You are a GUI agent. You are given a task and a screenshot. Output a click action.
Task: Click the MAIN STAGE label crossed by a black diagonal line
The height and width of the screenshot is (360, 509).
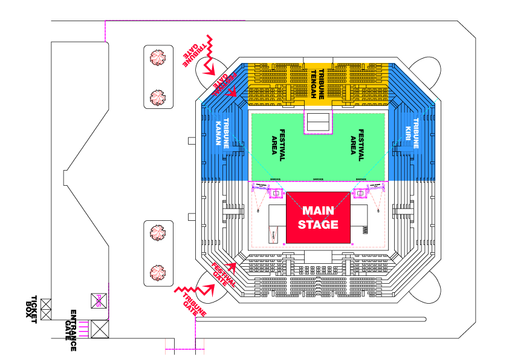coord(86,218)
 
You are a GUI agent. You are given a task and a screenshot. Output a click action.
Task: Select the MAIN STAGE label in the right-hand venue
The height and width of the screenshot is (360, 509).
coord(318,218)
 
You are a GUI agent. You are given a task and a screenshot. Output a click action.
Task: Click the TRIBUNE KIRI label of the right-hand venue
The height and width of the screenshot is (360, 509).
coord(412,133)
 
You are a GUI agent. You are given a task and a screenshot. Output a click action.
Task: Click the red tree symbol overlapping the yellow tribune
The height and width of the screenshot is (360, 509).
coord(158,97)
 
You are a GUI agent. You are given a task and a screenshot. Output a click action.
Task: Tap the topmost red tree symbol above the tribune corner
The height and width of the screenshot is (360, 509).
coord(158,58)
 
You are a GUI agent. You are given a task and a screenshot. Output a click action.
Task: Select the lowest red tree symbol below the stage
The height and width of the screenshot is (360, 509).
coord(158,272)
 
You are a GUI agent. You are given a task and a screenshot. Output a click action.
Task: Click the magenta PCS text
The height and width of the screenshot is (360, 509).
coord(99,301)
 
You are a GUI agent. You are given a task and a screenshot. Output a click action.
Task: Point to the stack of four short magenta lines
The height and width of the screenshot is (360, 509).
coord(84,329)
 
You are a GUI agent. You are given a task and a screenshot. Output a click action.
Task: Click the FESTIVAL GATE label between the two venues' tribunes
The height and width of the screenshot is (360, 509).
coord(225,85)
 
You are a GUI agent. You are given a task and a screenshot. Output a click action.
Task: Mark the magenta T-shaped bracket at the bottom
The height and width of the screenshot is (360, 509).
coord(185,349)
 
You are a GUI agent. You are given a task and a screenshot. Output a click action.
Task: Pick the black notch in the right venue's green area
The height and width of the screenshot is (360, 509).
coord(318,122)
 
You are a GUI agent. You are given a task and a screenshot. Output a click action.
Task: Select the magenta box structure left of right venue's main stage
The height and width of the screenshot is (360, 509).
coord(275,193)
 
